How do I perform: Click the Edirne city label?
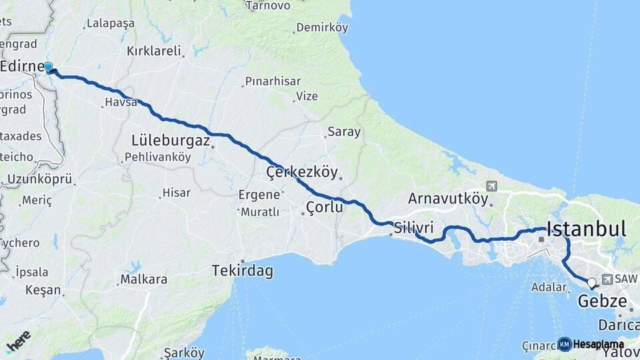(21, 65)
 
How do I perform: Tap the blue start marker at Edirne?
(49, 67)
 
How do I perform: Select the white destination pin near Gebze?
(591, 283)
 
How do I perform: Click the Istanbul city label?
(586, 229)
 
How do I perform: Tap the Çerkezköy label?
(302, 172)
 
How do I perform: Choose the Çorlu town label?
(325, 207)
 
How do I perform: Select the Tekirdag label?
(242, 271)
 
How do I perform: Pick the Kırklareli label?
(154, 51)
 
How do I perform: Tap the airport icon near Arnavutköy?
(492, 186)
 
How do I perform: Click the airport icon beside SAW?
(607, 279)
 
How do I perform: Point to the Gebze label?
(603, 301)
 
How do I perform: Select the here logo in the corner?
(19, 341)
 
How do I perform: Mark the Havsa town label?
(121, 103)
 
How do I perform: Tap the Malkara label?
(143, 279)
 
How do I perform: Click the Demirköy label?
(323, 27)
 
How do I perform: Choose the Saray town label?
(344, 132)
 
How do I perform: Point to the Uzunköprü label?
(39, 179)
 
